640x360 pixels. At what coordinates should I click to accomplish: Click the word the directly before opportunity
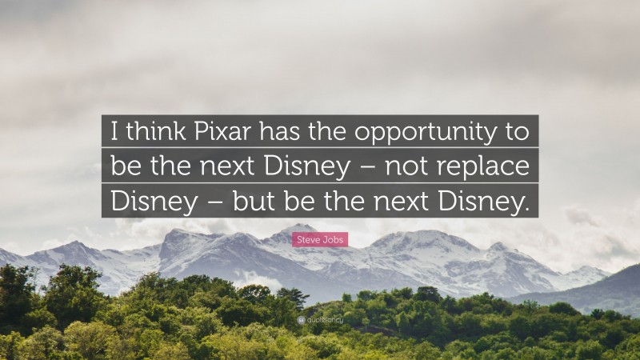330,131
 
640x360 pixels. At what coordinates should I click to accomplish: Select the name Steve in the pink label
310,239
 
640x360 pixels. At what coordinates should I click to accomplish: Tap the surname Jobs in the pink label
334,239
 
